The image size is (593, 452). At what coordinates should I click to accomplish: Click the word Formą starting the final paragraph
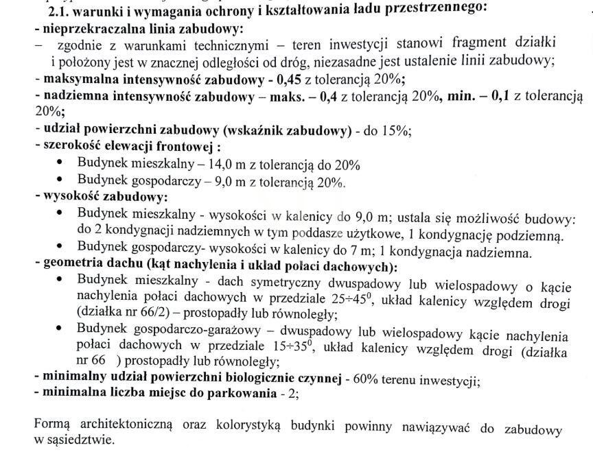click(51, 428)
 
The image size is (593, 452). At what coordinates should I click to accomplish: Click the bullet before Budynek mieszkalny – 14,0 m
click(62, 165)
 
